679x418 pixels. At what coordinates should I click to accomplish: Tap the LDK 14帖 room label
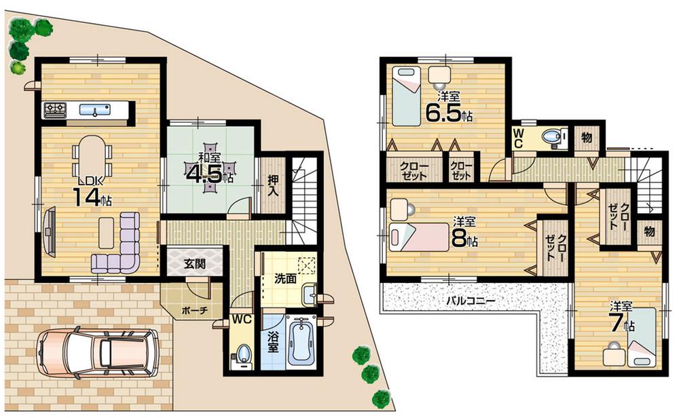coord(93,191)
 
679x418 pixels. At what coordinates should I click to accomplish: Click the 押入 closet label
coord(273,187)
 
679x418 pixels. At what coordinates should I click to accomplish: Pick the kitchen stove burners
coord(55,109)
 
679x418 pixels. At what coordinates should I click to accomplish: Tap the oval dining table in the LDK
coord(92,157)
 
